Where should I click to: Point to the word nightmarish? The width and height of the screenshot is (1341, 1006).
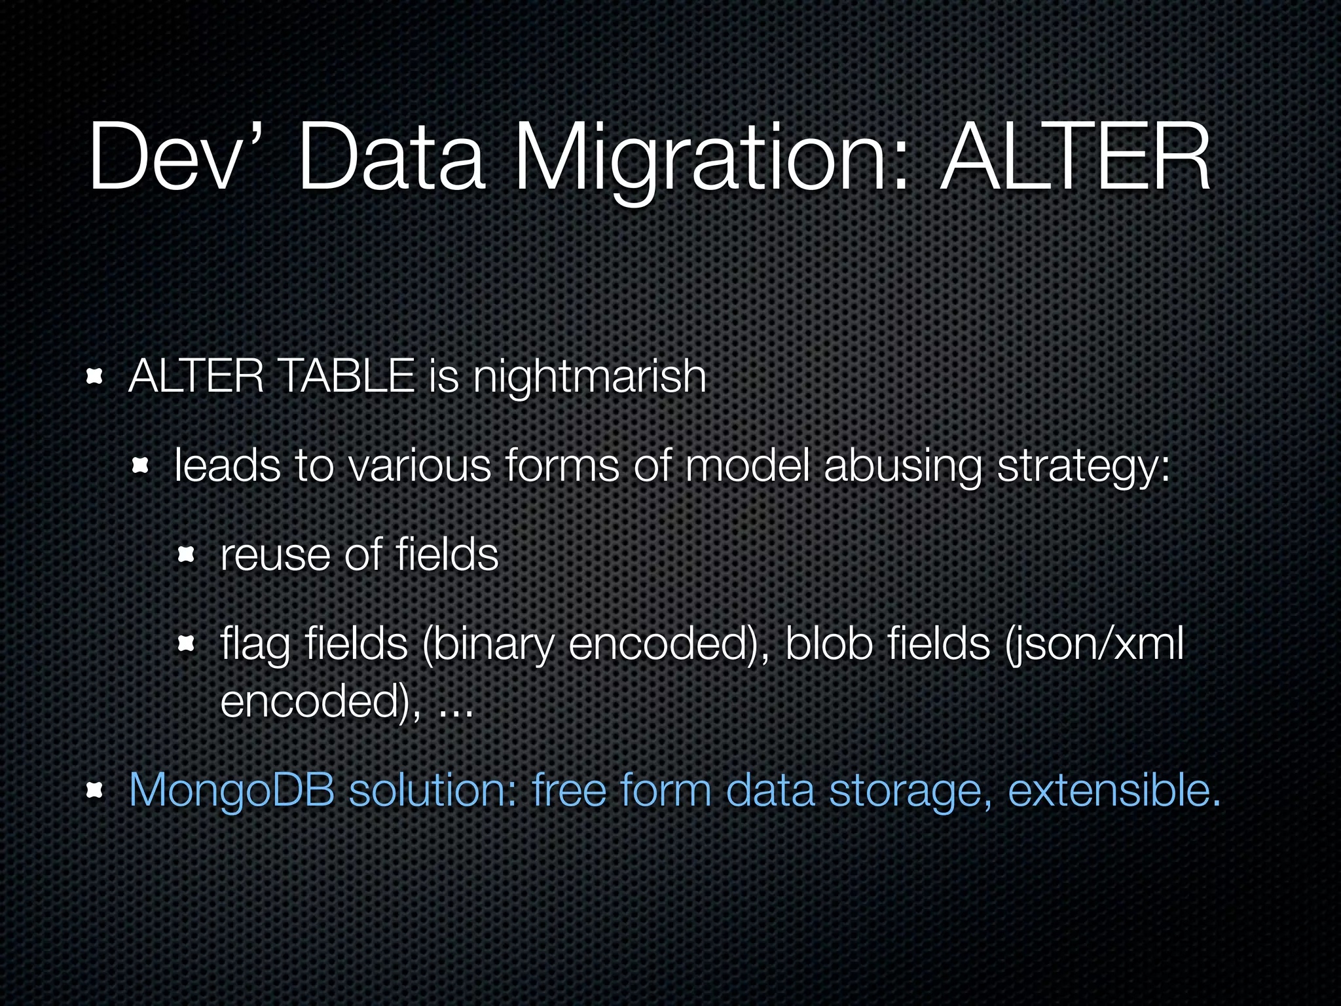tap(589, 379)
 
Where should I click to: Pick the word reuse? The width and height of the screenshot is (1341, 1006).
tap(275, 555)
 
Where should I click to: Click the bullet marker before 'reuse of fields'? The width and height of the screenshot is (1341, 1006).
tap(187, 556)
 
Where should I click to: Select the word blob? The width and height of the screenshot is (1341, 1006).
tap(829, 644)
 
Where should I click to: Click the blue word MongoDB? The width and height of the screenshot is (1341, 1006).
tap(232, 791)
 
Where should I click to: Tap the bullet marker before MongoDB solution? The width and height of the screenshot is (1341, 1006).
tap(95, 791)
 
